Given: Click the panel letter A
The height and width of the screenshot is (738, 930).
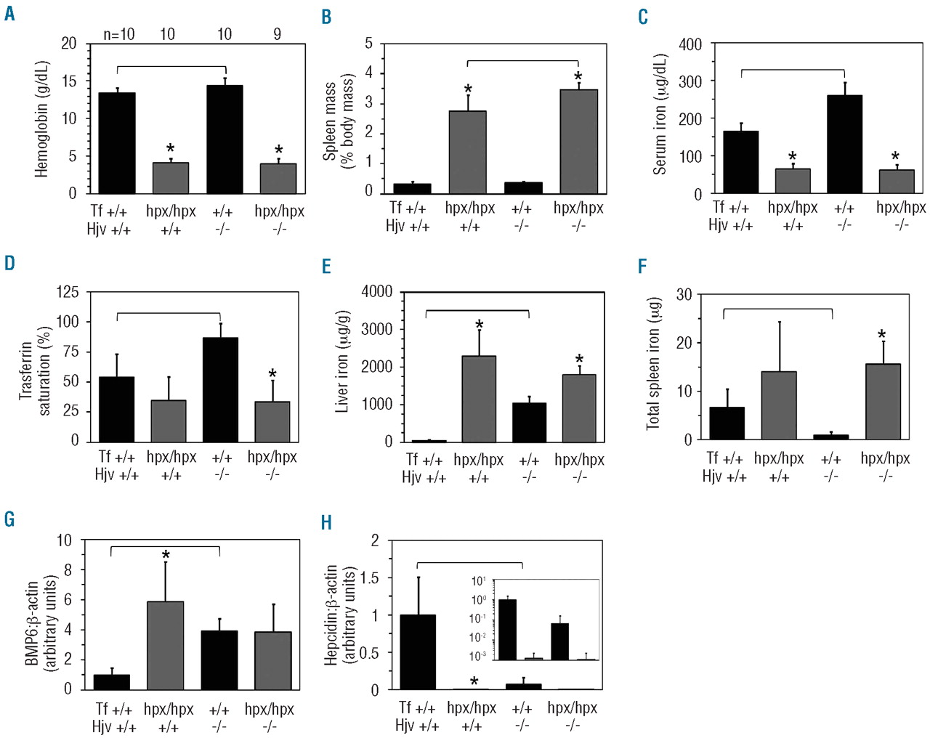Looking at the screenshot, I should point(9,13).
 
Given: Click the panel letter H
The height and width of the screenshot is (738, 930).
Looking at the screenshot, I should point(327,522).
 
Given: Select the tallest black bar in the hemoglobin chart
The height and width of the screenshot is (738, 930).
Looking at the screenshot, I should point(225,139).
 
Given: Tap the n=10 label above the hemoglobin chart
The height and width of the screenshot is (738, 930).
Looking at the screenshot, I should point(118,34).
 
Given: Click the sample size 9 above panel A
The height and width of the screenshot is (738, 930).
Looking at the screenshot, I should point(277,34).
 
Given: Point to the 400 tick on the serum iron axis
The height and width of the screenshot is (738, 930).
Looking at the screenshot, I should point(690,44).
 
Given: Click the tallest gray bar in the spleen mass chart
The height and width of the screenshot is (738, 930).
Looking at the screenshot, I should point(578,141).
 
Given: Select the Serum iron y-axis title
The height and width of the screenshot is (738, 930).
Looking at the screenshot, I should point(660,114).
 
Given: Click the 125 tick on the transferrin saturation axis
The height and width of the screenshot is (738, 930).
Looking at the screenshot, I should point(68,292).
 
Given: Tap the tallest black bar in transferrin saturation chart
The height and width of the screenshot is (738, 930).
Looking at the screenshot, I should point(220,389).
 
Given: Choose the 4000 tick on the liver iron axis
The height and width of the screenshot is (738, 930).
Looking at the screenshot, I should point(376,291).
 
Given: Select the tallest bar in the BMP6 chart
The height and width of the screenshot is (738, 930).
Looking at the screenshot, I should point(165,645).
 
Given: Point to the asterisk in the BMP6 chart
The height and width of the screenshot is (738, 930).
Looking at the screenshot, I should point(166,556).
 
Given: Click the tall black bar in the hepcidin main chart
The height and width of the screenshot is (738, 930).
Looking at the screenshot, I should point(418,652).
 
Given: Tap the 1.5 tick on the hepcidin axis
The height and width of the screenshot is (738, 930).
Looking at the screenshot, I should point(369,578).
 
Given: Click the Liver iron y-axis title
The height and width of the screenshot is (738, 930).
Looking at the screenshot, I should point(341,362).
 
